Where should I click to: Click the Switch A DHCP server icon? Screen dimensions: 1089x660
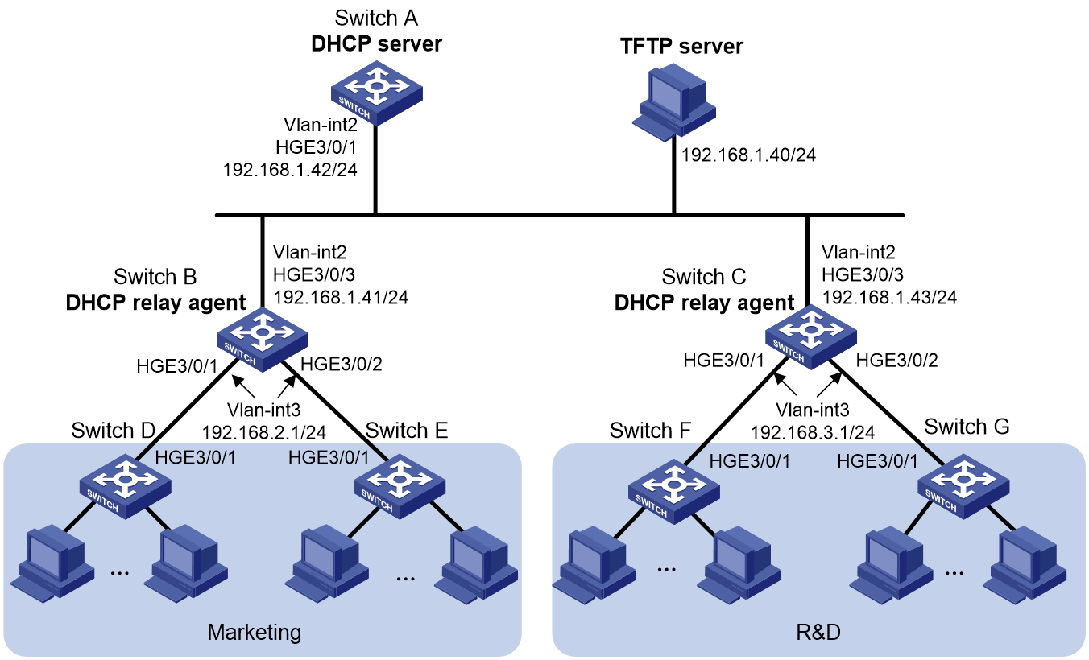point(376,93)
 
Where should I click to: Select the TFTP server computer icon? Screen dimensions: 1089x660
point(674,102)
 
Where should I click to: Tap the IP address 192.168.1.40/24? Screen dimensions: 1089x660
point(748,155)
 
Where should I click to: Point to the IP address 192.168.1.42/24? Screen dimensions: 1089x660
point(290,170)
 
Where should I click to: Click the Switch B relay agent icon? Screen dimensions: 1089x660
point(262,340)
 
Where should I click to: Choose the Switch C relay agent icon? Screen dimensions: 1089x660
point(811,337)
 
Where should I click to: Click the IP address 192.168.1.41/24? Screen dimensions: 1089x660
point(341,297)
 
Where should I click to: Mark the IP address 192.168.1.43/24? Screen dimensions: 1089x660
point(889,297)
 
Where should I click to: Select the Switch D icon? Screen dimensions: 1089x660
point(126,486)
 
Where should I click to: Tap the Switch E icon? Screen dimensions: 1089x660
point(400,486)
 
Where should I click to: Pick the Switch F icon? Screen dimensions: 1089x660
point(674,492)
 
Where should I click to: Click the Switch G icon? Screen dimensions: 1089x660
point(963,486)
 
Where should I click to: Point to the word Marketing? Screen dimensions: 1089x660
point(255,633)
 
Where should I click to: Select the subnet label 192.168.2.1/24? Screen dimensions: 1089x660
point(264,432)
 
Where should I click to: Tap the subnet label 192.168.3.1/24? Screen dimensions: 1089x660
point(813,432)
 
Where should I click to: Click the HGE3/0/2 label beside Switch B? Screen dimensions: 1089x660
point(342,364)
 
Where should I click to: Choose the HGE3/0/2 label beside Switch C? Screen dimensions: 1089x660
point(897,361)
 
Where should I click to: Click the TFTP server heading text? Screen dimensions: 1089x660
point(681,46)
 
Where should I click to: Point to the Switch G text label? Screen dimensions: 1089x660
point(967,427)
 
